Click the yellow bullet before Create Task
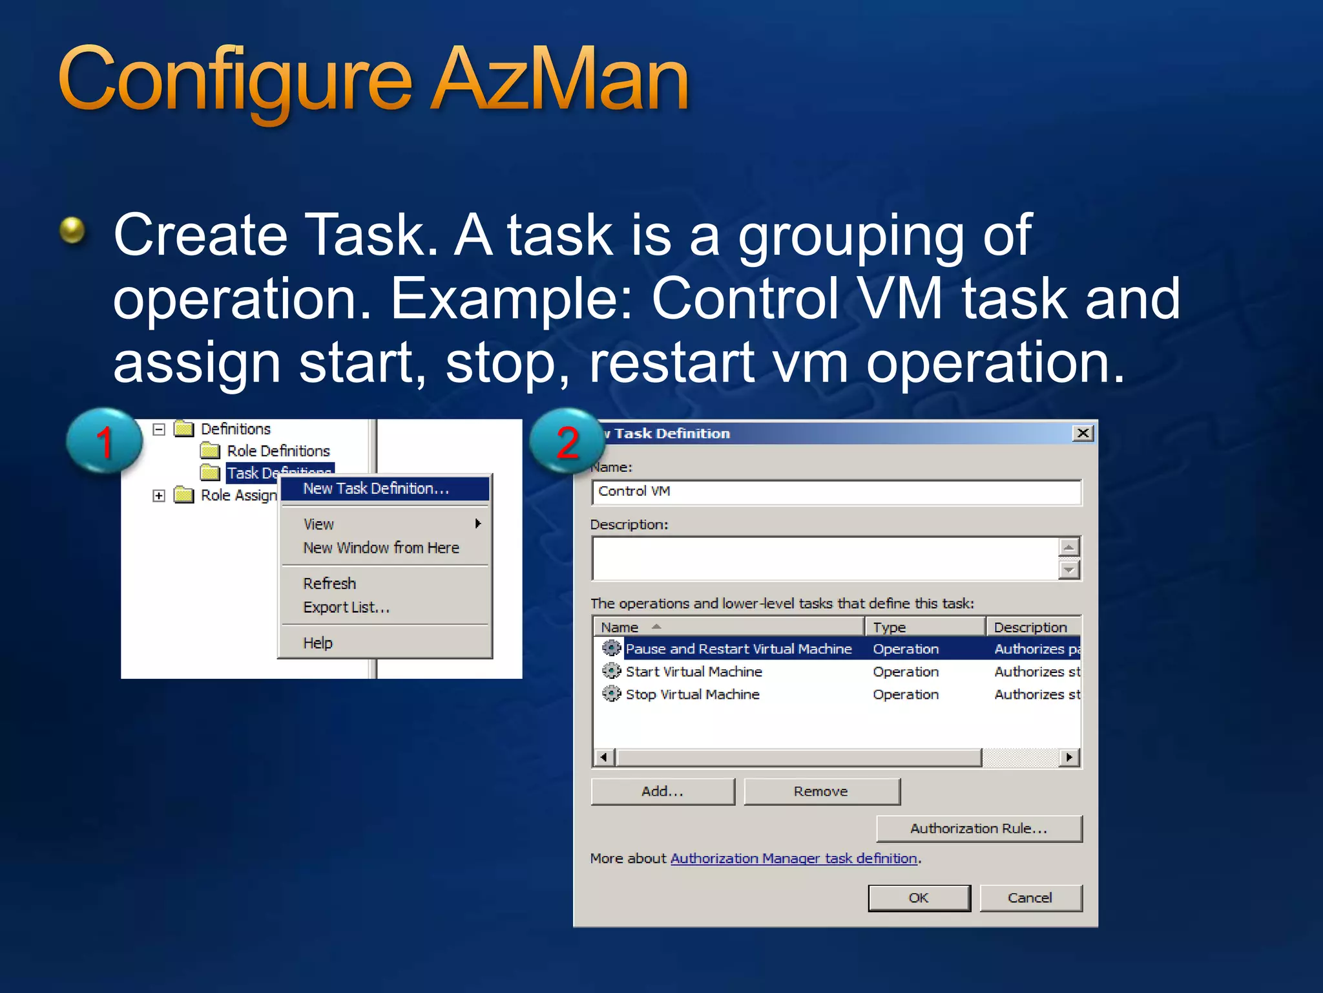point(72,230)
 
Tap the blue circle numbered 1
point(104,442)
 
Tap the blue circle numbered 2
point(567,442)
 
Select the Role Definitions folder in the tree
point(278,451)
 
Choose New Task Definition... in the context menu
point(376,489)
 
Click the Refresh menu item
point(329,583)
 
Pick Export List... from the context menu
point(346,608)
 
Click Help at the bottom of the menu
point(318,643)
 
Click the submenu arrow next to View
point(478,524)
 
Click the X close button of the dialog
point(1083,433)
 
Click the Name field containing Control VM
point(836,492)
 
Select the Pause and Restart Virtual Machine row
point(738,648)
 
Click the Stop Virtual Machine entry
point(693,694)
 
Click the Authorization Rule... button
point(978,829)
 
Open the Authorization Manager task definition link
point(793,859)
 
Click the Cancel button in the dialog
point(1030,898)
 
